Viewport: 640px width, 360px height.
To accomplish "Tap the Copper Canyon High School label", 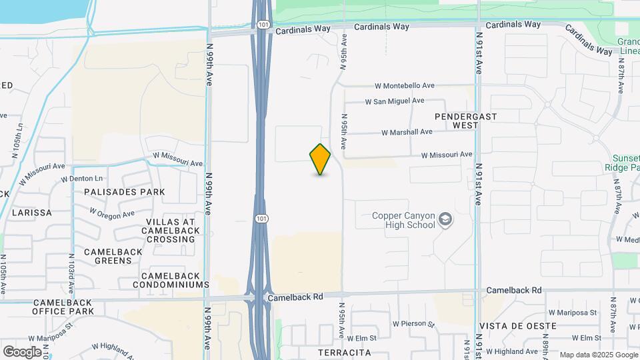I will point(403,220).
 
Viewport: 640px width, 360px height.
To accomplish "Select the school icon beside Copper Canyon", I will point(445,220).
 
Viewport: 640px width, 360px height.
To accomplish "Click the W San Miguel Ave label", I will point(395,101).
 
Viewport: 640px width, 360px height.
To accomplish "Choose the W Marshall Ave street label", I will point(408,133).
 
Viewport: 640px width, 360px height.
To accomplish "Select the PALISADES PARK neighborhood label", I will point(125,192).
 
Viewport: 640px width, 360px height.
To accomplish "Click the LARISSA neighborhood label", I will point(31,213).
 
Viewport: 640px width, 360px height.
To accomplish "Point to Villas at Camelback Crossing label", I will point(171,231).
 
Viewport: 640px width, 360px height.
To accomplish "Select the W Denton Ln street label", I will point(82,179).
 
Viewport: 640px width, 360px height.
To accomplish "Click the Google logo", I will point(22,351).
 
